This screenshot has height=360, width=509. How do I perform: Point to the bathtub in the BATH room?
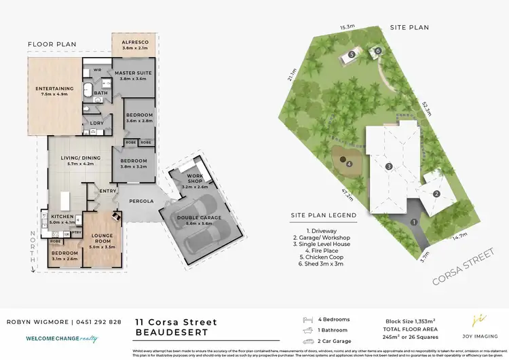point(88,91)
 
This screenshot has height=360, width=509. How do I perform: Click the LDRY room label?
point(96,123)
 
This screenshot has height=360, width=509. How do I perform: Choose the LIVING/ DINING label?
point(79,160)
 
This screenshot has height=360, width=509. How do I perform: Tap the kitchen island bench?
point(65,201)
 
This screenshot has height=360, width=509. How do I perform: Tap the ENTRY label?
point(107,192)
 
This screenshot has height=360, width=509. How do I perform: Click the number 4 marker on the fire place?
point(349,164)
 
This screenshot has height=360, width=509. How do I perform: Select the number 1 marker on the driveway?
point(414,221)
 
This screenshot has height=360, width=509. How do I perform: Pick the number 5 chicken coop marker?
point(352,54)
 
